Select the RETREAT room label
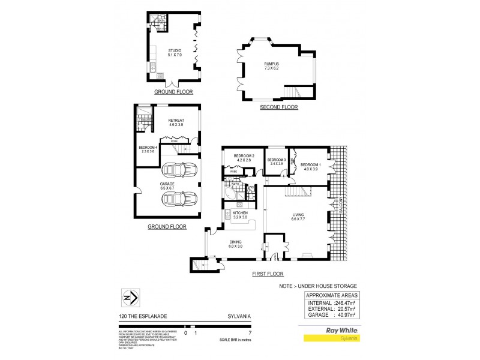pos(176,120)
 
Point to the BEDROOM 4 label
pos(148,148)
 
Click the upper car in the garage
pos(180,170)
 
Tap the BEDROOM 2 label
pos(246,157)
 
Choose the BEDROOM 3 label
pos(276,160)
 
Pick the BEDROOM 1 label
pos(311,165)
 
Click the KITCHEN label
pos(241,213)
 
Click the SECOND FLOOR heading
pos(279,107)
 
